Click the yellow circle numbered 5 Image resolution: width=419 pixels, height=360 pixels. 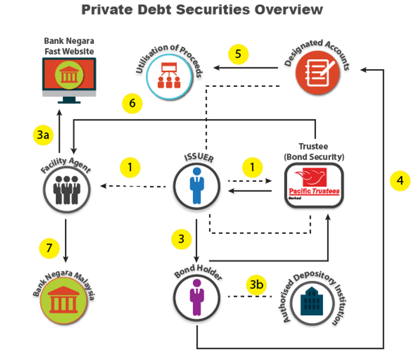[x=238, y=54]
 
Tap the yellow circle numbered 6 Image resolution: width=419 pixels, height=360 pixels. [x=132, y=103]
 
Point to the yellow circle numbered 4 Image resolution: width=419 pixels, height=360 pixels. [x=400, y=181]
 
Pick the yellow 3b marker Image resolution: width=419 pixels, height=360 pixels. [x=256, y=286]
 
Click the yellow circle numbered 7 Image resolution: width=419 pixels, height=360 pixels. [x=50, y=248]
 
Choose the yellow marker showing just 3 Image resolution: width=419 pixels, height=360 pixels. [x=182, y=239]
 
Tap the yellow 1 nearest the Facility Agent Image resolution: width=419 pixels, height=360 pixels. [x=130, y=168]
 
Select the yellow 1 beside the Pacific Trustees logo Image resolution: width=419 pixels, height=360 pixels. [x=253, y=168]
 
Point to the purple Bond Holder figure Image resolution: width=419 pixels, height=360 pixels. [x=197, y=299]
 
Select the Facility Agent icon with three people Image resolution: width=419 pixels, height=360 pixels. [x=64, y=189]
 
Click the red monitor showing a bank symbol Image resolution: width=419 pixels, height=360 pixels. [x=69, y=77]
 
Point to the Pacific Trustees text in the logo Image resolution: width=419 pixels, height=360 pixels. [x=314, y=192]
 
